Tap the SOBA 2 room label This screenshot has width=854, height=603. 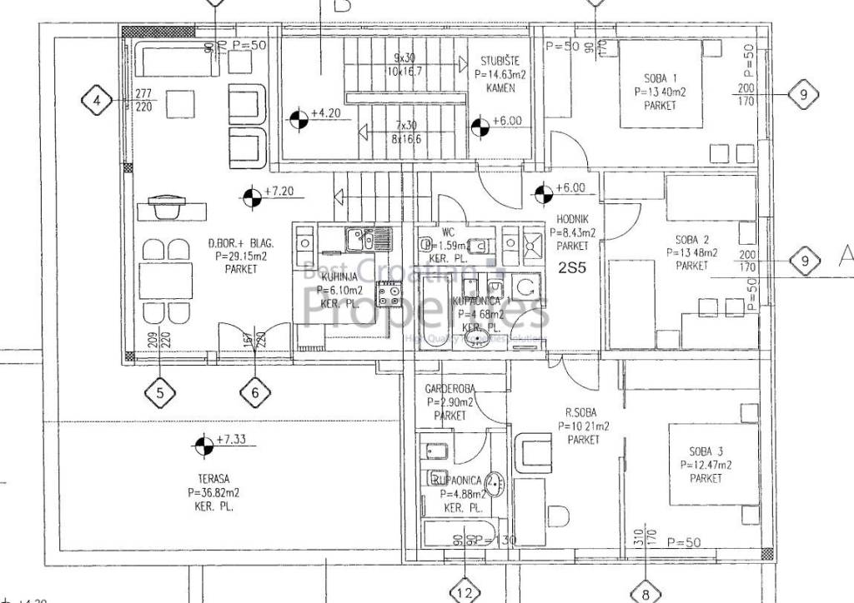(692, 239)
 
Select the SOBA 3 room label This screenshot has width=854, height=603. (705, 451)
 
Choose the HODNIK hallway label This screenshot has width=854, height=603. (572, 219)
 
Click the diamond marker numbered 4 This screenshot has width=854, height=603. (98, 102)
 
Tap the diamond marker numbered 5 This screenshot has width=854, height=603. (160, 392)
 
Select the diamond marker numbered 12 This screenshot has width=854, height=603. (465, 592)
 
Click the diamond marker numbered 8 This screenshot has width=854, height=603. (646, 592)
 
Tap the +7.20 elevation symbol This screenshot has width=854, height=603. (250, 198)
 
